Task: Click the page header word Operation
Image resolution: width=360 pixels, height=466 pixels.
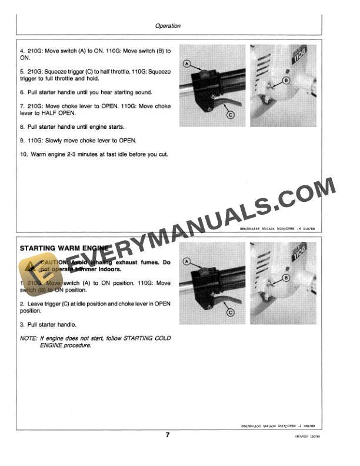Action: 168,26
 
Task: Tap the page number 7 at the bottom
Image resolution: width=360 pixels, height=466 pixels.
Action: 168,435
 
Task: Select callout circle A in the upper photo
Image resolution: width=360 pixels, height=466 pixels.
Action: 187,62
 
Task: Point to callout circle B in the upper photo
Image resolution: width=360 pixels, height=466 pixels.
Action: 286,79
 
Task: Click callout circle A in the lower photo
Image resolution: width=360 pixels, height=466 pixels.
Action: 187,261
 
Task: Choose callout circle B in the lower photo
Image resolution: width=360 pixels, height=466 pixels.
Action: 286,277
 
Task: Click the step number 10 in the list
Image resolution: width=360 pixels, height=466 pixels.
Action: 24,154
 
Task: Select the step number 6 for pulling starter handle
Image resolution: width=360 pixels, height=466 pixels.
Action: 22,92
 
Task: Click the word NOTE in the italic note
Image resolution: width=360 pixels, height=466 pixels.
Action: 28,338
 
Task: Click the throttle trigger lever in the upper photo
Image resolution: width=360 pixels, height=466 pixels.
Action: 218,106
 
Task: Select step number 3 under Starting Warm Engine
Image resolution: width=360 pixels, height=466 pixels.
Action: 22,324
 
